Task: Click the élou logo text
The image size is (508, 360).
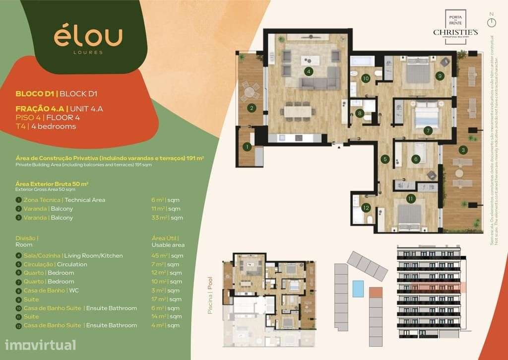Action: tap(88, 37)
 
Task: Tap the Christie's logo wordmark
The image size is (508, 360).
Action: tap(455, 32)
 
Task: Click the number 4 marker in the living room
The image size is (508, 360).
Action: tap(309, 72)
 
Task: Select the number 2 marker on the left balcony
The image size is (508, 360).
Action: tap(252, 108)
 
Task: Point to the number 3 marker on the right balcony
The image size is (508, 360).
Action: tap(463, 149)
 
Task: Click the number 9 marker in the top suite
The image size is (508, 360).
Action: tap(440, 76)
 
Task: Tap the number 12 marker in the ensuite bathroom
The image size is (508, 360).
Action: tap(366, 208)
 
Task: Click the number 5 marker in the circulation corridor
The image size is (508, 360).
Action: tap(384, 159)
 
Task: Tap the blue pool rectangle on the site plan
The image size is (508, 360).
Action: tap(358, 288)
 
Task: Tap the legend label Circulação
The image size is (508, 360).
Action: tap(41, 264)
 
